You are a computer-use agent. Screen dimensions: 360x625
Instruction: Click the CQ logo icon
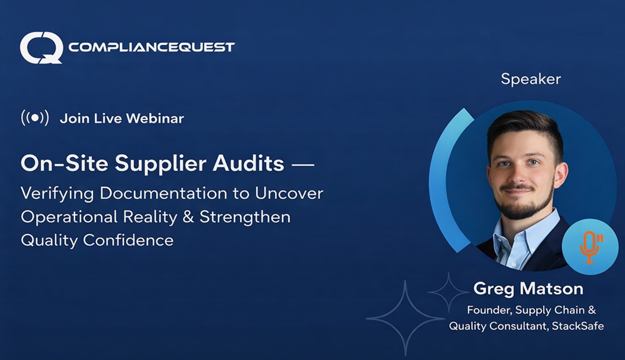[41, 47]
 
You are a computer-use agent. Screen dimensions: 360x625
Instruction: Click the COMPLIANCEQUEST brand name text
[151, 47]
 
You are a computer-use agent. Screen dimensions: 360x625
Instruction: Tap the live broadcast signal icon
[34, 118]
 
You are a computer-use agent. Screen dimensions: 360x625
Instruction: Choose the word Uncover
[293, 193]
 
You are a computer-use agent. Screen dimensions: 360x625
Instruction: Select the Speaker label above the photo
[530, 79]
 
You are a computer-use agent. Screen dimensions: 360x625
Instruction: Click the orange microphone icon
[589, 246]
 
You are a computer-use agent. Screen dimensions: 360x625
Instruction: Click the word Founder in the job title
[488, 310]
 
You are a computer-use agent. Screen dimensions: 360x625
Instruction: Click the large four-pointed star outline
[405, 318]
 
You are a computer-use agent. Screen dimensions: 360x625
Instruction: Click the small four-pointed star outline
[448, 292]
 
